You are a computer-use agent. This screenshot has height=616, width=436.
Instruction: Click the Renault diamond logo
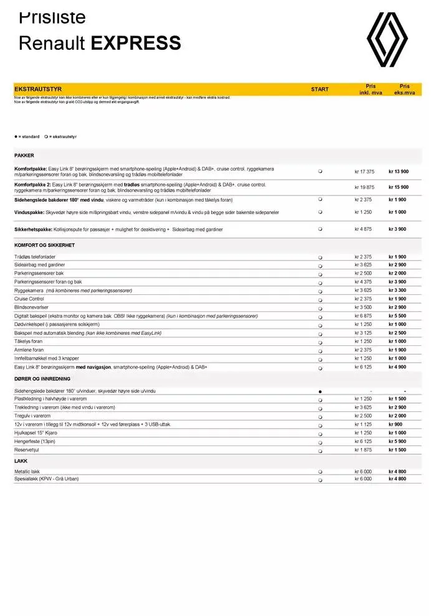387,39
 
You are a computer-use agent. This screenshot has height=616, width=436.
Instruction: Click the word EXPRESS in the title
136,43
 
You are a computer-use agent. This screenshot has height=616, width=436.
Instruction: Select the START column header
320,90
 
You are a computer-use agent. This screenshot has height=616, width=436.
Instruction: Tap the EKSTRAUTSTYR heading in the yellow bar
38,90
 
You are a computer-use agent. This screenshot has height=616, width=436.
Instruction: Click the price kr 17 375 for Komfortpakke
364,171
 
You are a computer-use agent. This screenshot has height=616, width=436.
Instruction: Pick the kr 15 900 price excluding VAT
399,187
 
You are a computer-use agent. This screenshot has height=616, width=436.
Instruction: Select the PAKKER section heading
24,156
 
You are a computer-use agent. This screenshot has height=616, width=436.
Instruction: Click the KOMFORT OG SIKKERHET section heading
44,245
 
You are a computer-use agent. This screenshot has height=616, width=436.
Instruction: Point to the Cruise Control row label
29,299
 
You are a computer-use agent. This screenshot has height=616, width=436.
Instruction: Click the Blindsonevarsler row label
31,307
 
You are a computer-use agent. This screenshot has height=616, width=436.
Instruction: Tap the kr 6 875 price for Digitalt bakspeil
364,316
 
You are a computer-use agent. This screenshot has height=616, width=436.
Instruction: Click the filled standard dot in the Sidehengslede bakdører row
320,391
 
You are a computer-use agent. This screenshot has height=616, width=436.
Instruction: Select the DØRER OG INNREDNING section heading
42,379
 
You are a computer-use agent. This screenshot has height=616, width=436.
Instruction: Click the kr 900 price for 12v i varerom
397,424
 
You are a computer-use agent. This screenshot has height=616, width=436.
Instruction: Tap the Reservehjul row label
28,450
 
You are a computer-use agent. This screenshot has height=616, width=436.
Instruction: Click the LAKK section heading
21,462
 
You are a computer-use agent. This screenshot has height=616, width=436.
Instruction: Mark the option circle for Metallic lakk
320,472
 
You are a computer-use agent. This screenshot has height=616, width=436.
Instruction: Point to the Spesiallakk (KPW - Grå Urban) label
47,479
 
